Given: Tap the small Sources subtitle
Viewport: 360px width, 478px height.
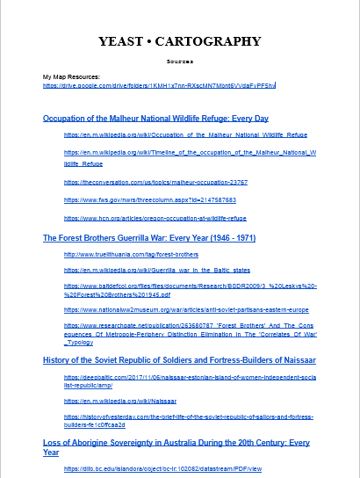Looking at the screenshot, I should pyautogui.click(x=179, y=62).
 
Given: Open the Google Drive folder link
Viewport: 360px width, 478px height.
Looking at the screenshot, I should pyautogui.click(x=159, y=86).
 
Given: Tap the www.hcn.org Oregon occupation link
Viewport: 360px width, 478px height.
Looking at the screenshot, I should pyautogui.click(x=155, y=218).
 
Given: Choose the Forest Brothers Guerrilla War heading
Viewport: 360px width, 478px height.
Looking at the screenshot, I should pyautogui.click(x=149, y=237).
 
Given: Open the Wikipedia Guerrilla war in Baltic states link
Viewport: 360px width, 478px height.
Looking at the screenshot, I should pyautogui.click(x=157, y=270).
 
